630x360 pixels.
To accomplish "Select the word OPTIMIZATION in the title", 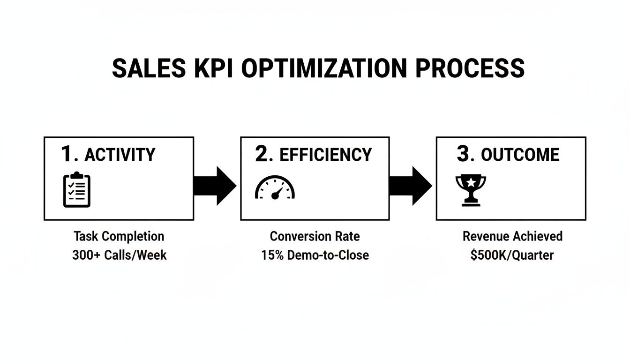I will pos(324,68).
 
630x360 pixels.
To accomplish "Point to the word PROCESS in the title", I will pos(470,68).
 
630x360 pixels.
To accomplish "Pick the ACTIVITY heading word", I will pos(120,155).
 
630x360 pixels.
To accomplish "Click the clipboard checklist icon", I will pos(77,190).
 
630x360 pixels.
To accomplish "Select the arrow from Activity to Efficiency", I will pos(215,186).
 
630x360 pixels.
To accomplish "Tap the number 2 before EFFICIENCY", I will pos(263,154).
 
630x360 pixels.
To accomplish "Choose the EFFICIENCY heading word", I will pos(326,155).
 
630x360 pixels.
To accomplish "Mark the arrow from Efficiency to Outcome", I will pos(410,186).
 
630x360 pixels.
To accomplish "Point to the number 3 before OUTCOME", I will pos(464,154).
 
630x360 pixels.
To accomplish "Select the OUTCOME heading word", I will pos(520,155).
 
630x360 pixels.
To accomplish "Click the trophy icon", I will pos(471,190).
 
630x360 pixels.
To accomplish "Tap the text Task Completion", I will pos(119,236).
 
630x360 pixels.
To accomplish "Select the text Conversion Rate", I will pos(315,236).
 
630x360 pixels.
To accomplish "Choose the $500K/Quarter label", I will pos(512,255).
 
